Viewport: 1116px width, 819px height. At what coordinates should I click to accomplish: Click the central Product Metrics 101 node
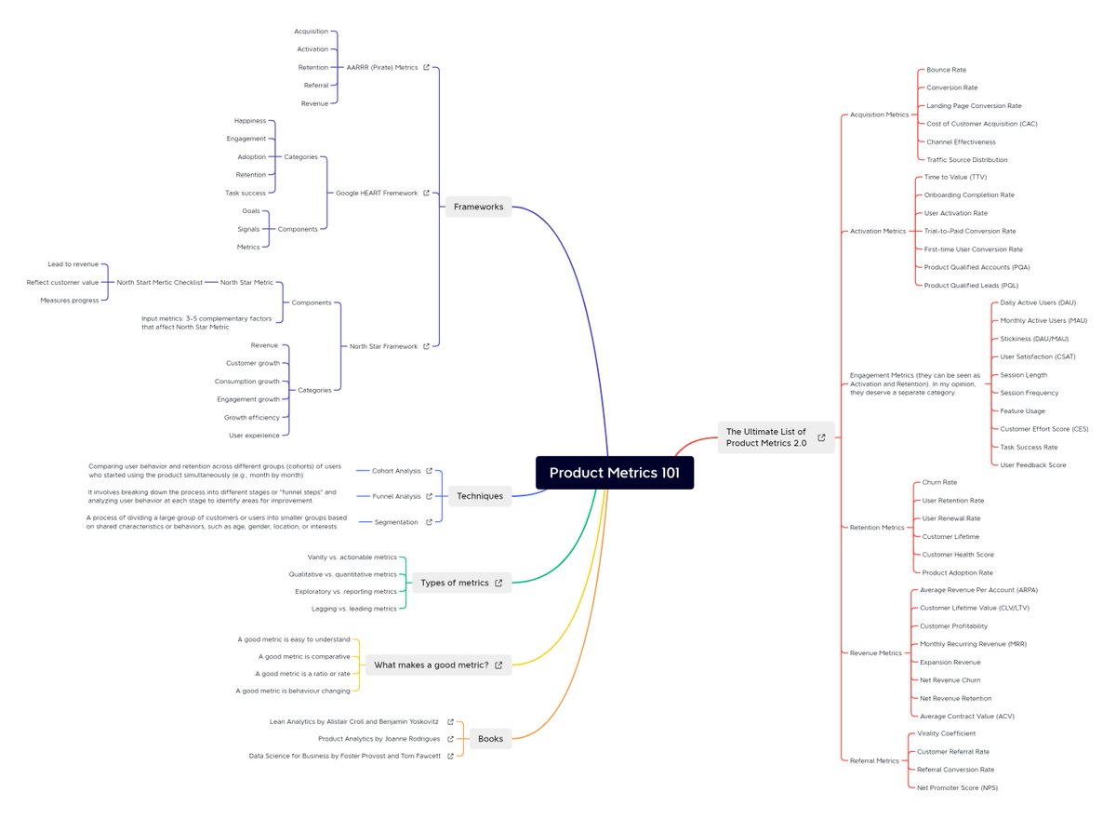(614, 473)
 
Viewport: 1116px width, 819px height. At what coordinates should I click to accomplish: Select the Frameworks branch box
(478, 207)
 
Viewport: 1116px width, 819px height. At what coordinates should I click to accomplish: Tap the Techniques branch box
(479, 496)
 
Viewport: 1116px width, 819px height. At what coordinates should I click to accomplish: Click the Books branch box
(490, 739)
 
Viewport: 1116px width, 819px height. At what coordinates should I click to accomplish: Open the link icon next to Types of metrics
(498, 583)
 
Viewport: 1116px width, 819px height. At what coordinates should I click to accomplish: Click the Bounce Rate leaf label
(946, 70)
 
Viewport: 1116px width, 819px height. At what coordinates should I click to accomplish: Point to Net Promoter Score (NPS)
(957, 787)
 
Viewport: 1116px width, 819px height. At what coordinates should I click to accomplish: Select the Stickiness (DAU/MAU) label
(1034, 339)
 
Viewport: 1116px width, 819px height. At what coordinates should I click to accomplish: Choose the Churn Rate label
(939, 482)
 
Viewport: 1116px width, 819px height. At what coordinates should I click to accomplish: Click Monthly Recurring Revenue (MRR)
(973, 644)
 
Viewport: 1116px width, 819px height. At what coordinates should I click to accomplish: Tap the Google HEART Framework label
(377, 193)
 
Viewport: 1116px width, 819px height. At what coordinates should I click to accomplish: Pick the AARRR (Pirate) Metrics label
(381, 67)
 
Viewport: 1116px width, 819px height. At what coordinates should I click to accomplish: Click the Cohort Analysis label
(396, 471)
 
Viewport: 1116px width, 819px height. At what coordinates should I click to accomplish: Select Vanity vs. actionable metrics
(352, 557)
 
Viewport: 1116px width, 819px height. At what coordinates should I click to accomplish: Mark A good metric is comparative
(304, 656)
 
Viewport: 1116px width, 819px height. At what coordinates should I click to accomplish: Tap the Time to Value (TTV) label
(955, 177)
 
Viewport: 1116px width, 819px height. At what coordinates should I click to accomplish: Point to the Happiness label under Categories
(250, 121)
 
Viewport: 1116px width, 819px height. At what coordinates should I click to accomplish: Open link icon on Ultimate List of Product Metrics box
(821, 437)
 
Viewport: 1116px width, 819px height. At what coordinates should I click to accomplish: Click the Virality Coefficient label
(947, 733)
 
